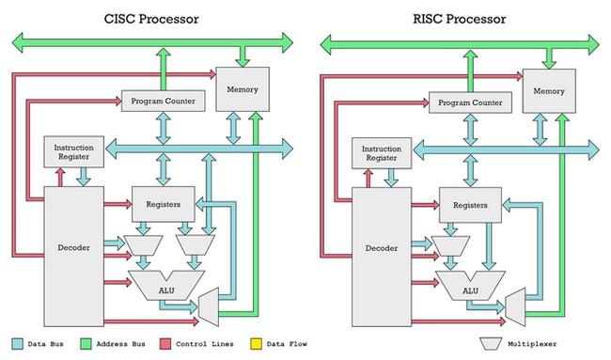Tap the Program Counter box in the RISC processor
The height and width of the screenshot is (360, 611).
click(x=467, y=101)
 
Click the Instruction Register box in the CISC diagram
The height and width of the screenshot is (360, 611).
click(x=72, y=152)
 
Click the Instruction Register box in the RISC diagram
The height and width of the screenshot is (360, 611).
click(x=377, y=152)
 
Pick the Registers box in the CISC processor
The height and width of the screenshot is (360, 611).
click(x=163, y=204)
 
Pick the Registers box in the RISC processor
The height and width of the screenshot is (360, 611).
click(x=469, y=204)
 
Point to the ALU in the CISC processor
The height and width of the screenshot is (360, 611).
click(x=165, y=287)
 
